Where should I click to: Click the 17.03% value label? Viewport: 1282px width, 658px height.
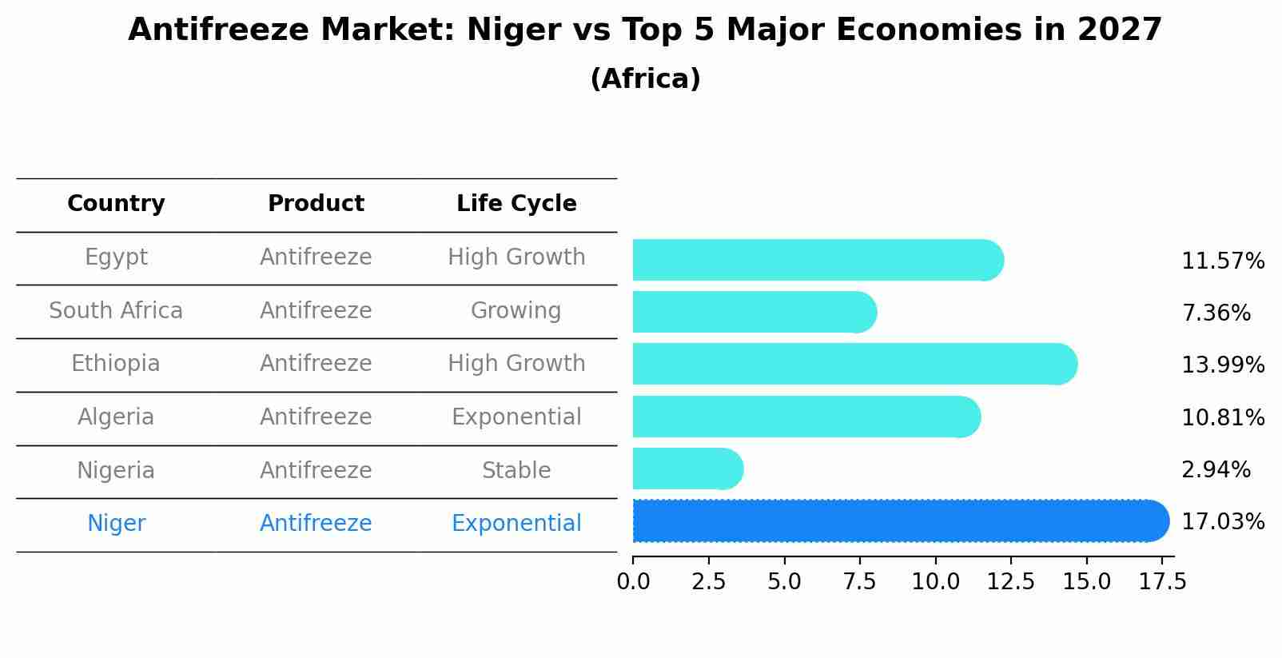pyautogui.click(x=1222, y=522)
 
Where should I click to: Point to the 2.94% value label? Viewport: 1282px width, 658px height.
pyautogui.click(x=1215, y=470)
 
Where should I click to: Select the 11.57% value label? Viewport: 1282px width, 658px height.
pyautogui.click(x=1222, y=261)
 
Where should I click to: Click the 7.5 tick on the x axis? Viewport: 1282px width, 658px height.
pyautogui.click(x=859, y=582)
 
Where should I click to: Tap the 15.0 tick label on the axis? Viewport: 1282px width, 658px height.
pyautogui.click(x=1086, y=582)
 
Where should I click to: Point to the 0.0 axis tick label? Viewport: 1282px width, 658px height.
pyautogui.click(x=633, y=582)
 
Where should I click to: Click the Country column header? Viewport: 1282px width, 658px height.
pyautogui.click(x=116, y=204)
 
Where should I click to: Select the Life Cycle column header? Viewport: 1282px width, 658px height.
pyautogui.click(x=516, y=204)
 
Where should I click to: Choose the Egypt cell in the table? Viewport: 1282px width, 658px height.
pyautogui.click(x=116, y=257)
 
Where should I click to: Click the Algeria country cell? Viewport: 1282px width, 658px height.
pyautogui.click(x=116, y=417)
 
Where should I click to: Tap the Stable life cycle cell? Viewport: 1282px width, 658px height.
pyautogui.click(x=516, y=471)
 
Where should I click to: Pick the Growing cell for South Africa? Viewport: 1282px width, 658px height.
pyautogui.click(x=516, y=311)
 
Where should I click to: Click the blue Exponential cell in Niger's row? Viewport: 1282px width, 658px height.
pyautogui.click(x=516, y=524)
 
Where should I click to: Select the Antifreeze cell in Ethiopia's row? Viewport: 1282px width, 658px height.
pyautogui.click(x=316, y=364)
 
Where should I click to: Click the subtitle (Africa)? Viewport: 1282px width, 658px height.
pyautogui.click(x=645, y=79)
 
